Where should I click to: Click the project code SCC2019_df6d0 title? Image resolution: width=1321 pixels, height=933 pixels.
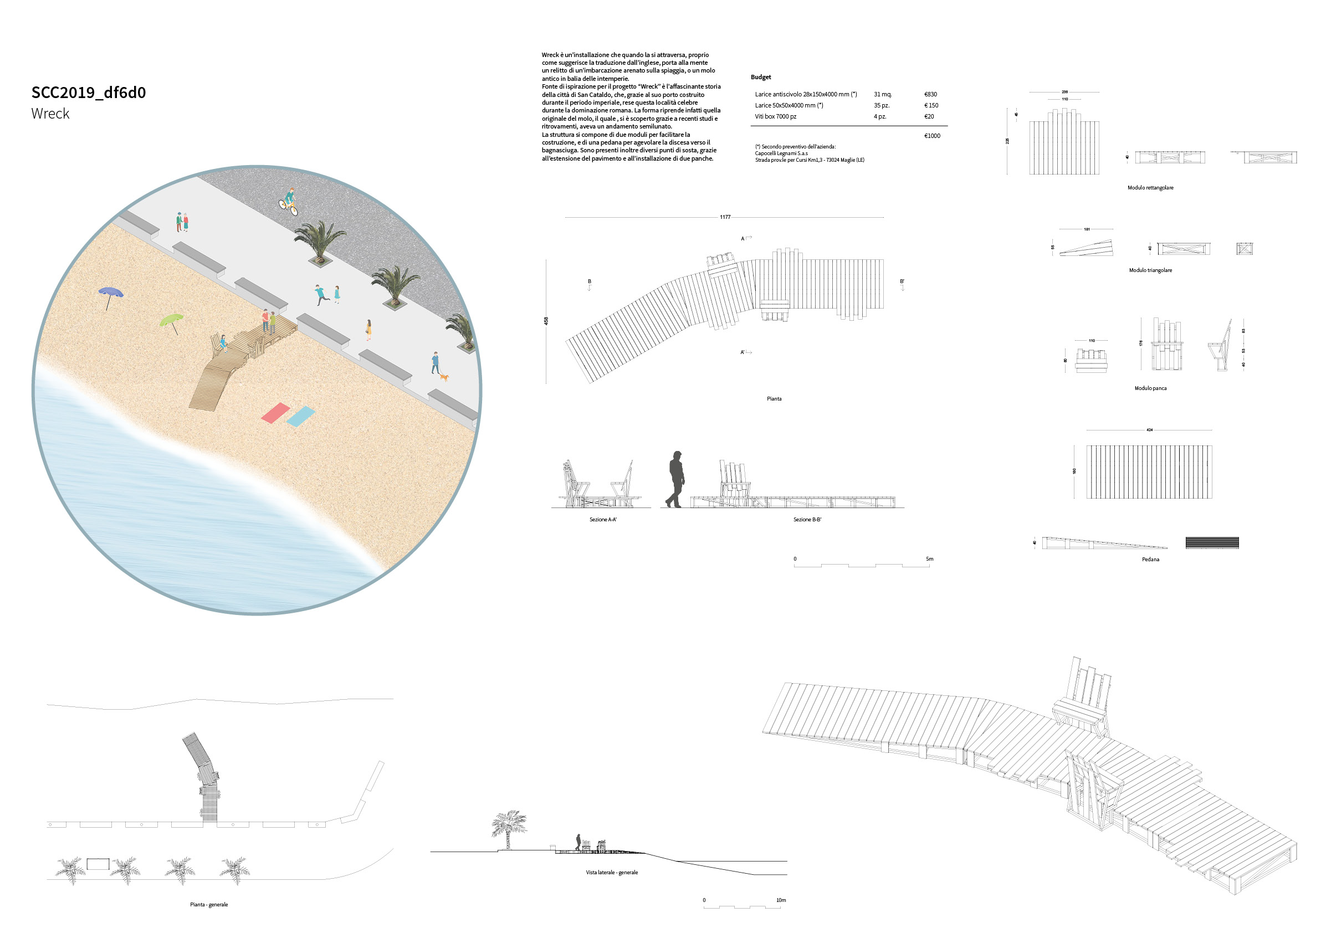[x=89, y=93]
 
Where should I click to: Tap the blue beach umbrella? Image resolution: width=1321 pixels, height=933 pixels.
[x=110, y=293]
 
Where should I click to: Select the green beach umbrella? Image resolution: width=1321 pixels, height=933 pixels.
[x=171, y=320]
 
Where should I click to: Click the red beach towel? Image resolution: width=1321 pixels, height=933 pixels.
[x=275, y=412]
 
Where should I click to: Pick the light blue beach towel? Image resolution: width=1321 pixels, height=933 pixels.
[x=301, y=416]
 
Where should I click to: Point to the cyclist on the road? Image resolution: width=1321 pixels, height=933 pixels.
[x=289, y=201]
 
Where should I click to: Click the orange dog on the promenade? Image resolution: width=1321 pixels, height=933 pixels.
[x=444, y=377]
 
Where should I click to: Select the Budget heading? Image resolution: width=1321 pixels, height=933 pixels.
[x=761, y=77]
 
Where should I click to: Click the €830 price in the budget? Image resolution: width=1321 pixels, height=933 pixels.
[x=930, y=94]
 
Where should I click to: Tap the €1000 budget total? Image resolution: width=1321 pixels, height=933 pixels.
[x=932, y=136]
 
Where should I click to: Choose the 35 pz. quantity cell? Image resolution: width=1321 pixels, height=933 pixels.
[x=882, y=105]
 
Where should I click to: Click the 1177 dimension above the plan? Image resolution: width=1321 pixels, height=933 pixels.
[x=725, y=217]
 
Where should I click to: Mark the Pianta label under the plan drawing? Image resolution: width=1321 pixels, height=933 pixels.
[x=774, y=398]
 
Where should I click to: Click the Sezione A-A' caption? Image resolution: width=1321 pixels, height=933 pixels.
[x=602, y=520]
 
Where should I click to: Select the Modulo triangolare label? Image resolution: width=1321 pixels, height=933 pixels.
[x=1150, y=270]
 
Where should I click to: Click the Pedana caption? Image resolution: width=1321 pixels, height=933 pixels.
[x=1150, y=559]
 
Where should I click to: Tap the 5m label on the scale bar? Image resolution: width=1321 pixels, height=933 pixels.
[x=929, y=558]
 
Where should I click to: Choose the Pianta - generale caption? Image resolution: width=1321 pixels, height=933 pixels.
[x=209, y=905]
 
